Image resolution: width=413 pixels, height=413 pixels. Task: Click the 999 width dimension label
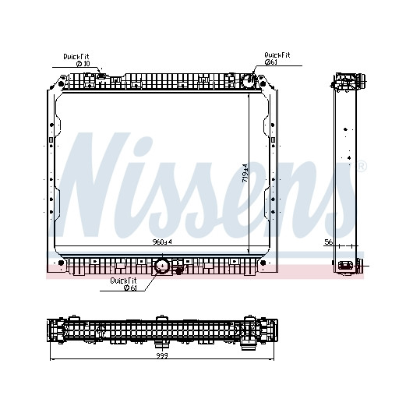pyautogui.click(x=162, y=355)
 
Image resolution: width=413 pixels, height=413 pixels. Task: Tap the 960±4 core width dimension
pyautogui.click(x=162, y=242)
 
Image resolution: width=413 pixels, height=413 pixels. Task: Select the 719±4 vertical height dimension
pyautogui.click(x=245, y=173)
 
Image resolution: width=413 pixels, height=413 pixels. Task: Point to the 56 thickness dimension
pyautogui.click(x=328, y=242)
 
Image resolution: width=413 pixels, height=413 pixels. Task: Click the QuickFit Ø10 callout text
pyautogui.click(x=76, y=60)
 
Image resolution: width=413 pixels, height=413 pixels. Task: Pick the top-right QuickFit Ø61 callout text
pyautogui.click(x=277, y=58)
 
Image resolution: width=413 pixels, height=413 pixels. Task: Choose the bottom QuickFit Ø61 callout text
pyautogui.click(x=124, y=284)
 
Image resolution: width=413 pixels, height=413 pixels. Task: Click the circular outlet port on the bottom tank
pyautogui.click(x=162, y=266)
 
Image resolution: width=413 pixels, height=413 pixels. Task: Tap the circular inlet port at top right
pyautogui.click(x=249, y=80)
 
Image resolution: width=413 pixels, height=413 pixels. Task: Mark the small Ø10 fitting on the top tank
pyautogui.click(x=101, y=76)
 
